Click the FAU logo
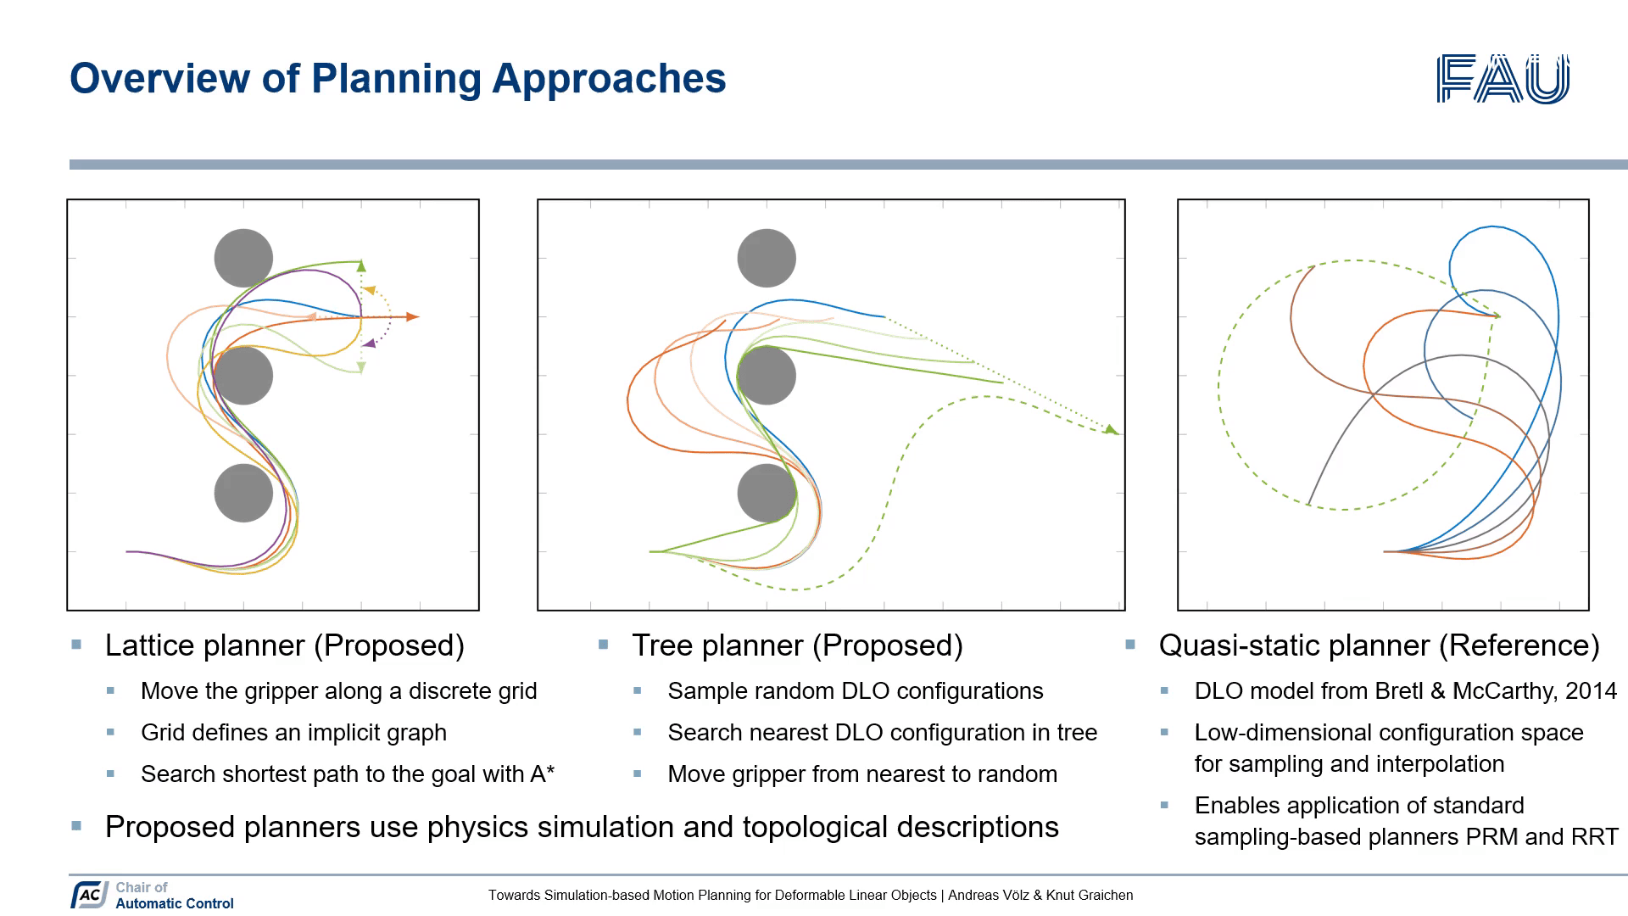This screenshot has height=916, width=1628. pyautogui.click(x=1503, y=79)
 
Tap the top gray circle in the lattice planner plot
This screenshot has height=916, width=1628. pyautogui.click(x=243, y=258)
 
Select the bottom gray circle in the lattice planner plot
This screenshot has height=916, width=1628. pyautogui.click(x=243, y=493)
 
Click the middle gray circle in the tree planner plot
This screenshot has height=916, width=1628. pyautogui.click(x=767, y=376)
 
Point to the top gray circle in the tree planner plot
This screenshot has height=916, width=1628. pyautogui.click(x=767, y=258)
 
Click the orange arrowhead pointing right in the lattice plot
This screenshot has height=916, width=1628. pyautogui.click(x=412, y=317)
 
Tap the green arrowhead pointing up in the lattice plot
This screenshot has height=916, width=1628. pyautogui.click(x=361, y=266)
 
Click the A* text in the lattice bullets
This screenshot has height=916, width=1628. pyautogui.click(x=543, y=774)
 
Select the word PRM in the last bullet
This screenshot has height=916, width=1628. pyautogui.click(x=1491, y=837)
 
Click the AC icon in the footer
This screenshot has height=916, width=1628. pyautogui.click(x=89, y=895)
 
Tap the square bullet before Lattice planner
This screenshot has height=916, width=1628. pyautogui.click(x=77, y=645)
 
